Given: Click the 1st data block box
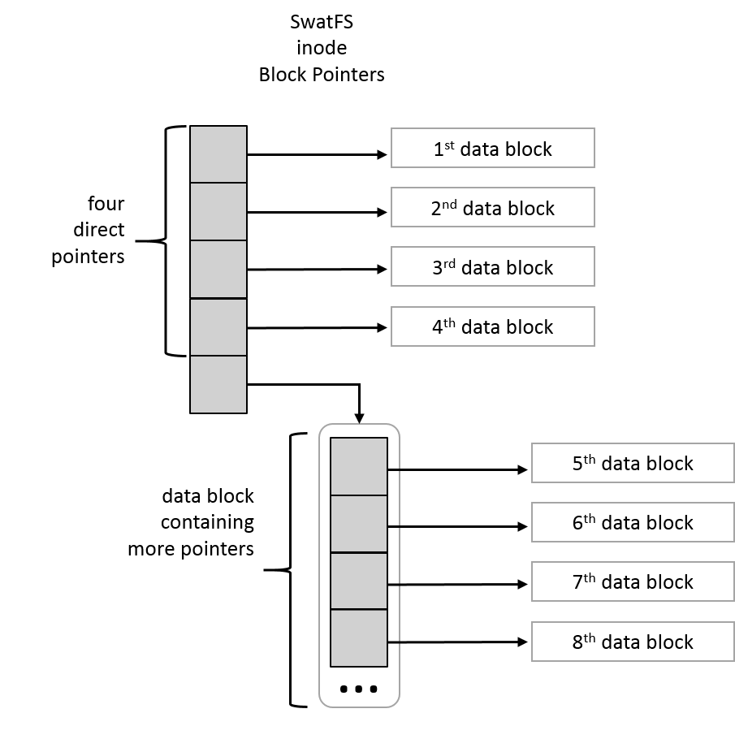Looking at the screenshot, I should (492, 148).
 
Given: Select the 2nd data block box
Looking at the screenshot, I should (492, 207).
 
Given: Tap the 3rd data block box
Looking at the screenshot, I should (492, 266).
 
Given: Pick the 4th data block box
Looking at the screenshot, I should (492, 326).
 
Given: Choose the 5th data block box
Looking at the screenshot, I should (633, 463).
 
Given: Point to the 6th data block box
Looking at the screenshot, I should (633, 522).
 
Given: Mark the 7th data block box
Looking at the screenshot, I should (633, 581).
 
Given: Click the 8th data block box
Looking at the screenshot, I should (633, 642).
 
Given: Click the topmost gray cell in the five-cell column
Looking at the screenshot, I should (218, 154).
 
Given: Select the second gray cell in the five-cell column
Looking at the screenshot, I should (218, 211).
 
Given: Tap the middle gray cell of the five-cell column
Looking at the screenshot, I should (218, 270).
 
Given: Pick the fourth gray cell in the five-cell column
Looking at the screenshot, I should (218, 327).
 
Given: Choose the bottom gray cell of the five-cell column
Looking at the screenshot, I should (218, 384).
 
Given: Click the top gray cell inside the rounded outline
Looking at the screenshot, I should (359, 466).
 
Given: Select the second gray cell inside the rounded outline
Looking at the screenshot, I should (359, 524).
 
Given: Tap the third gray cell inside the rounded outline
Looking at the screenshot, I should (359, 581).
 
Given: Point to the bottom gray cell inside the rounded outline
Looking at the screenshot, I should (359, 637).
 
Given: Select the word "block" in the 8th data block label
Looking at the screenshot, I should (670, 642).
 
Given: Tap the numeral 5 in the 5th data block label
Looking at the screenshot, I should (577, 465).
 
